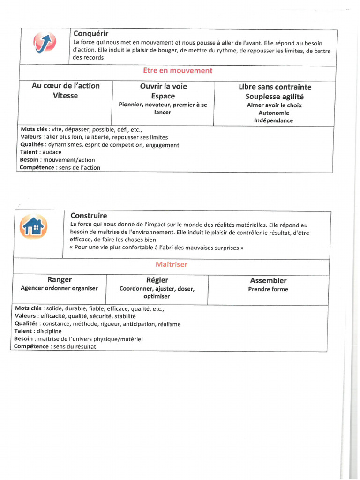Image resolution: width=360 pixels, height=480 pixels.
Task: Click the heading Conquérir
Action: pyautogui.click(x=91, y=33)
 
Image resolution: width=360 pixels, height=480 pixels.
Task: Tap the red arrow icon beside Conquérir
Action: pyautogui.click(x=45, y=44)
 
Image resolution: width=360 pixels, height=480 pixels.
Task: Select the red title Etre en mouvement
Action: pyautogui.click(x=178, y=71)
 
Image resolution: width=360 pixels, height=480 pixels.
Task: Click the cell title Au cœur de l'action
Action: pyautogui.click(x=66, y=86)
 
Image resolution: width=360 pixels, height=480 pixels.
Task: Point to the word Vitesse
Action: pyautogui.click(x=66, y=96)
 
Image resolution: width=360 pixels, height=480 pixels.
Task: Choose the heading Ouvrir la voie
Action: pyautogui.click(x=163, y=86)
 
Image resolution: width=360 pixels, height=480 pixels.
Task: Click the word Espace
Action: pyautogui.click(x=163, y=96)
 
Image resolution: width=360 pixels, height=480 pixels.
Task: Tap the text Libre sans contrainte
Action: pyautogui.click(x=275, y=87)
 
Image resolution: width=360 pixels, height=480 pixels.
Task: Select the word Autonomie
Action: pyautogui.click(x=274, y=113)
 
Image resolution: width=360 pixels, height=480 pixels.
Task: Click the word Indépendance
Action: pyautogui.click(x=274, y=121)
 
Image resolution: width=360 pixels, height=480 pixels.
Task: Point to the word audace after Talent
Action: pyautogui.click(x=52, y=152)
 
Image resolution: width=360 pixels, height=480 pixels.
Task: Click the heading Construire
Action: pyautogui.click(x=89, y=216)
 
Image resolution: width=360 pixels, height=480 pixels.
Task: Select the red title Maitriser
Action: pyautogui.click(x=172, y=264)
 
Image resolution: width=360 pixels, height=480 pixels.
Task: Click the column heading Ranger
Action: pyautogui.click(x=59, y=280)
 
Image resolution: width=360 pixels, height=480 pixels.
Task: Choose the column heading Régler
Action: pyautogui.click(x=157, y=280)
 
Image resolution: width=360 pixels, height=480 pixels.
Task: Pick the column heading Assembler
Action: pyautogui.click(x=268, y=281)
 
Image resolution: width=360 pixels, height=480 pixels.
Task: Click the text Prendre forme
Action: pyautogui.click(x=268, y=290)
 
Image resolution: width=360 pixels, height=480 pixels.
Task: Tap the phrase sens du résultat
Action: pyautogui.click(x=75, y=346)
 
